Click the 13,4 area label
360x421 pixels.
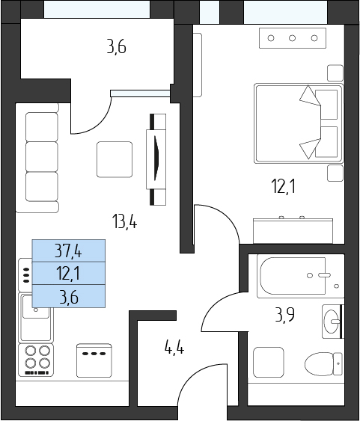[x=125, y=221]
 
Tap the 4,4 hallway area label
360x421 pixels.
[x=174, y=348]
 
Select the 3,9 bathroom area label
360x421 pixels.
[x=284, y=315]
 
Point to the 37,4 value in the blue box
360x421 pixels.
[x=68, y=251]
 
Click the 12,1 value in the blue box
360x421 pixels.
[x=68, y=274]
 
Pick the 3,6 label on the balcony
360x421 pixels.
[x=116, y=47]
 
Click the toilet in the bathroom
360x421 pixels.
[x=324, y=364]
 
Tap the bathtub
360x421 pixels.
[x=300, y=276]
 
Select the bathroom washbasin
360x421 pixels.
[x=333, y=321]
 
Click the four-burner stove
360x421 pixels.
[x=36, y=360]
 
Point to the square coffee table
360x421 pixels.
[x=115, y=159]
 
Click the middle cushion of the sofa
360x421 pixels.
[x=42, y=157]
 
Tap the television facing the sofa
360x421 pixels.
[x=156, y=159]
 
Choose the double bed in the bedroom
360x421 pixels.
[x=299, y=123]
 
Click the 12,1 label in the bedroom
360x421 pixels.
[x=283, y=187]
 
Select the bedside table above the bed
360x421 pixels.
[x=335, y=73]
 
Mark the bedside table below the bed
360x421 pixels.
[x=335, y=173]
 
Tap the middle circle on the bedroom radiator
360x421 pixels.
[x=293, y=38]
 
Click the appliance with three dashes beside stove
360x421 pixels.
[x=94, y=360]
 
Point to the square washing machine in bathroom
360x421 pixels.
[x=269, y=362]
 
